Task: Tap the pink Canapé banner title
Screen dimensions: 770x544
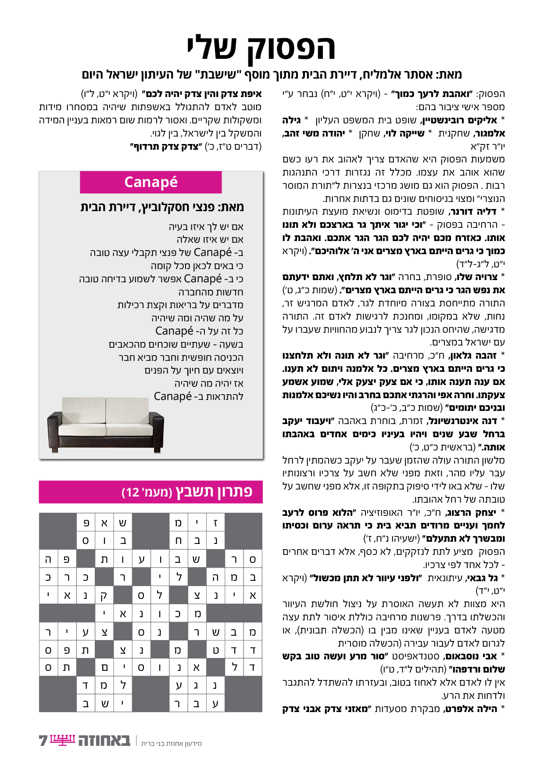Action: click(x=151, y=182)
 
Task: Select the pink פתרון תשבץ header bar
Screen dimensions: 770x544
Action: click(x=150, y=492)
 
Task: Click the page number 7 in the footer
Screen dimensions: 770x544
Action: click(x=43, y=741)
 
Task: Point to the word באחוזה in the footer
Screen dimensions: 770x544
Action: click(x=104, y=741)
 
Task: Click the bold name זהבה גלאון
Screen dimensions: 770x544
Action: click(x=473, y=356)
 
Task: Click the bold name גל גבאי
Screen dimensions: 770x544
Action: click(x=481, y=578)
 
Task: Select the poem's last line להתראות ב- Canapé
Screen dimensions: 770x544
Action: click(x=198, y=396)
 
